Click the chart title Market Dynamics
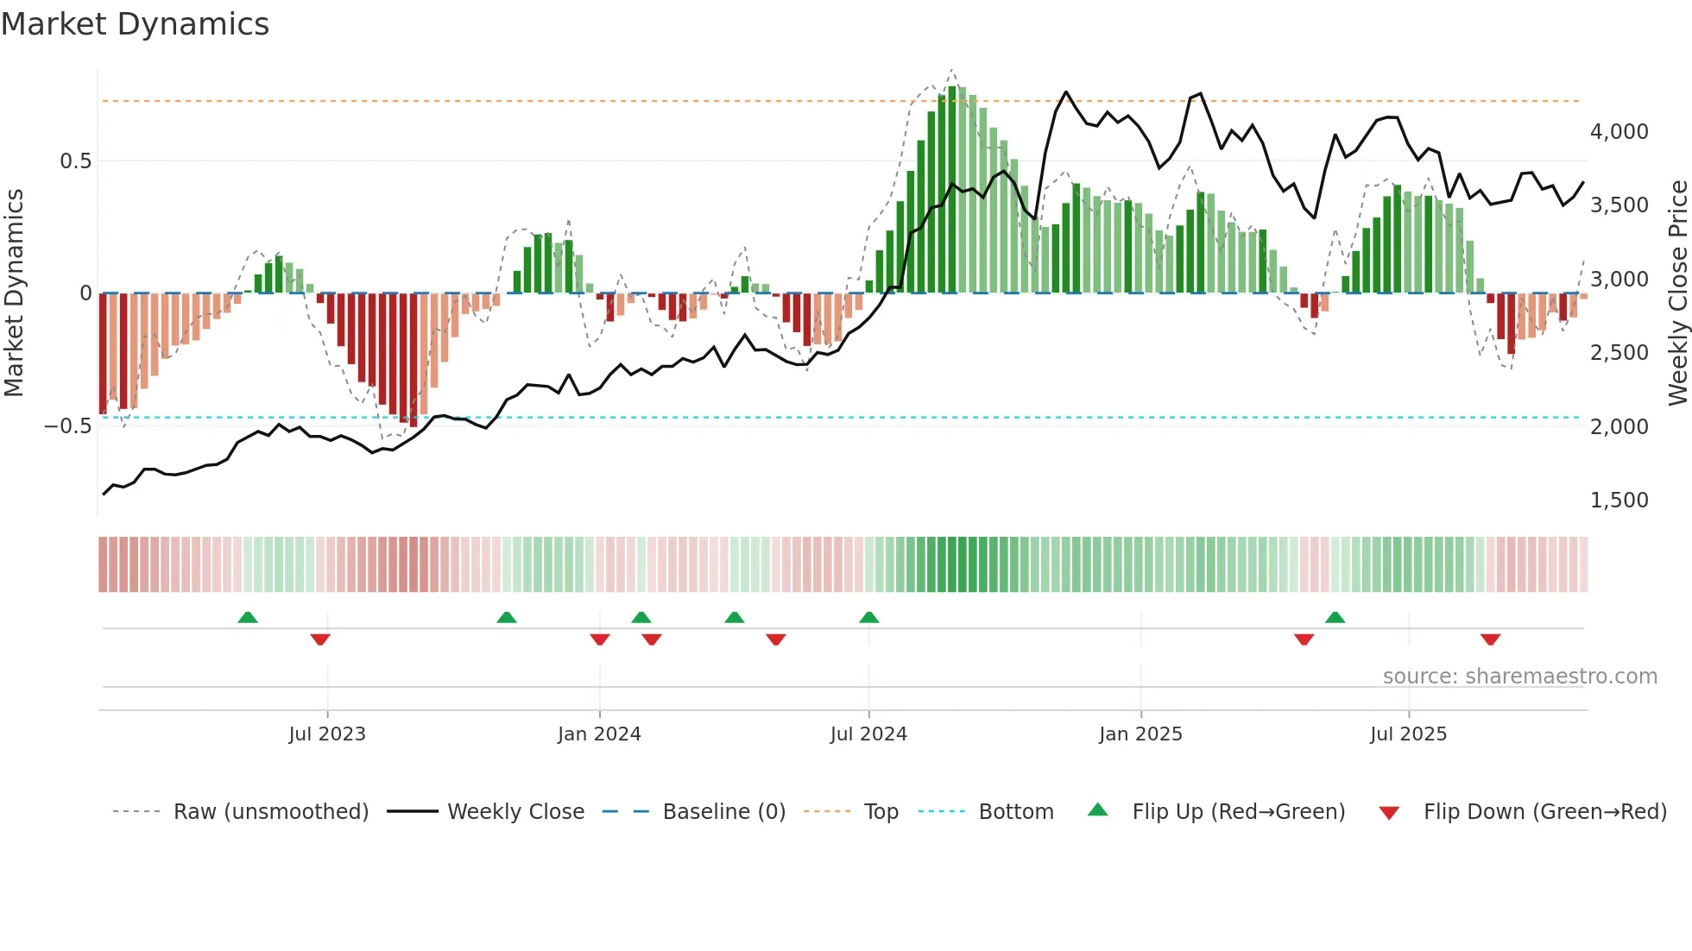(135, 24)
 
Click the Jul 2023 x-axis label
(327, 734)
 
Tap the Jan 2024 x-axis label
(599, 734)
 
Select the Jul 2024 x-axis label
(868, 734)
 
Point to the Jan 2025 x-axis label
(1140, 734)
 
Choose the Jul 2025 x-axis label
(1408, 734)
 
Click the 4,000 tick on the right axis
(1619, 132)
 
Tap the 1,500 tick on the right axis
(1619, 501)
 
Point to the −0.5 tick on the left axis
(67, 426)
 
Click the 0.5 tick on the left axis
(75, 161)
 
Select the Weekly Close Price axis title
(1677, 293)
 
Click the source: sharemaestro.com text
(1519, 677)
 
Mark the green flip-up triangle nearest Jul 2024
(869, 617)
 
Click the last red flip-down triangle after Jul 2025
(1490, 639)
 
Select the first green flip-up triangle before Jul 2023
(248, 617)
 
